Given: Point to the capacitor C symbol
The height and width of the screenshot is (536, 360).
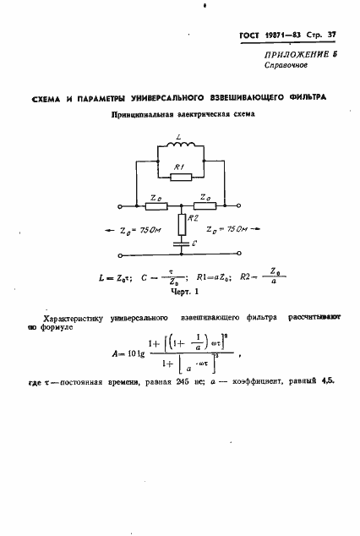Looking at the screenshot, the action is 180,243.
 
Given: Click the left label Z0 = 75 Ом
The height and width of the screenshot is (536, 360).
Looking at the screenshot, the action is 139,230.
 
